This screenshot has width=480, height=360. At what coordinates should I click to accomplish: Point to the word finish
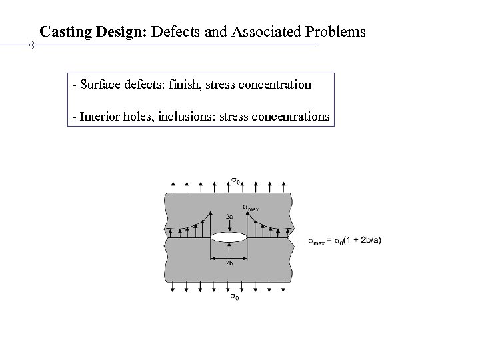pos(188,85)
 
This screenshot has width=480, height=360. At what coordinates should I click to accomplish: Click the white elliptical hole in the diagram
pos(229,237)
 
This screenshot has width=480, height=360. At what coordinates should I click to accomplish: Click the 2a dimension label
pos(229,217)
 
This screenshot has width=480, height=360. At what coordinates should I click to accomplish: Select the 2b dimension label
pos(229,264)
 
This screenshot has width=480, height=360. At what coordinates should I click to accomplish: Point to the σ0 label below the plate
pos(235,296)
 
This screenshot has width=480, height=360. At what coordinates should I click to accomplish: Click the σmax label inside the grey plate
pos(250,207)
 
